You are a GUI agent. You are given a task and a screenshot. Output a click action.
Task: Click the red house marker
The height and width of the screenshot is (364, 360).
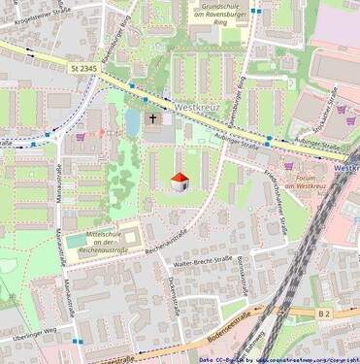pyautogui.click(x=180, y=182)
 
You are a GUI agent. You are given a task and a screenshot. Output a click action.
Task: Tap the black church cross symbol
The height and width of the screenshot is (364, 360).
pyautogui.click(x=152, y=119)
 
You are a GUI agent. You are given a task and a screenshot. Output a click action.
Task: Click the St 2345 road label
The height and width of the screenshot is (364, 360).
pyautogui.click(x=85, y=67)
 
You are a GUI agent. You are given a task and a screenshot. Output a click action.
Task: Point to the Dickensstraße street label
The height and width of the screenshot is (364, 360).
pyautogui.click(x=172, y=292)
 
